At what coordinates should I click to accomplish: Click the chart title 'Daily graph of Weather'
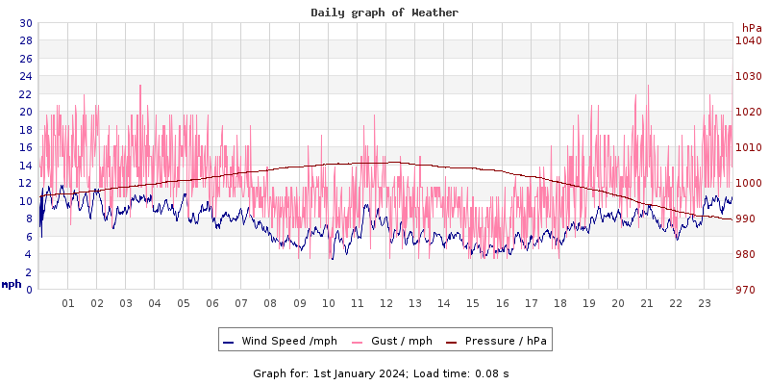pos(384,13)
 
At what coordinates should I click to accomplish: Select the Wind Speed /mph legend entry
pos(280,341)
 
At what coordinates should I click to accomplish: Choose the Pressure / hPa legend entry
pos(498,341)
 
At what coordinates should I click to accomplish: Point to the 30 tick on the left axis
pos(25,23)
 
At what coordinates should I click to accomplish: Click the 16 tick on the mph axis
pos(25,147)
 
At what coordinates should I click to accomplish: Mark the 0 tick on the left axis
pos(28,290)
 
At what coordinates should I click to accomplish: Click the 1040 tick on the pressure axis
pos(748,40)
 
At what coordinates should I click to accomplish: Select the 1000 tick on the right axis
pos(748,183)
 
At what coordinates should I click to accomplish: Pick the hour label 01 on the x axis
pos(68,303)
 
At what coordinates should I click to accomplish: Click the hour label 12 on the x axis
pos(386,303)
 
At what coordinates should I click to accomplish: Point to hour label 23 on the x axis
pos(705,303)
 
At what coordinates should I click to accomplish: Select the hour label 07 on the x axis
pos(241,303)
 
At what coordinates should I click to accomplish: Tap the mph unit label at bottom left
pos(12,284)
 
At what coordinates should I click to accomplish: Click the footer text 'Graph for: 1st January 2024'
pos(330,372)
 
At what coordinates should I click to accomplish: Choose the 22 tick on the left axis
pos(25,94)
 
